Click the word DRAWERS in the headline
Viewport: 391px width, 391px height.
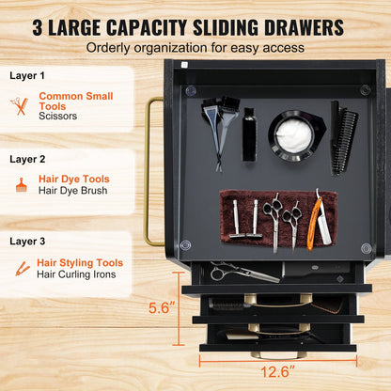(x=304, y=27)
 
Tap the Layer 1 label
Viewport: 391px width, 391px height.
(x=27, y=75)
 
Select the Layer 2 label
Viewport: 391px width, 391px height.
(x=27, y=159)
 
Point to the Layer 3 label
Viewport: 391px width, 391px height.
(x=27, y=242)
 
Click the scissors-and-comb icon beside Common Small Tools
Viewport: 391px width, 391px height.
(x=20, y=106)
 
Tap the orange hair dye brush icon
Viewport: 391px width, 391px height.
(x=22, y=185)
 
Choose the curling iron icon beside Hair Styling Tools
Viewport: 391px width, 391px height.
(x=23, y=269)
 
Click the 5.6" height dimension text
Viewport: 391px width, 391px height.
(x=162, y=307)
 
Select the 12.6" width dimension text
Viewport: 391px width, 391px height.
(x=277, y=372)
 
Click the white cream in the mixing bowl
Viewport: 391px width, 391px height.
(x=294, y=135)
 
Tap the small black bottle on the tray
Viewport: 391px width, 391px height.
(x=249, y=134)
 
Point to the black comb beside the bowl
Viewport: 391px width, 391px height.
(x=343, y=138)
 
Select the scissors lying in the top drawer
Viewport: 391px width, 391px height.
(x=244, y=272)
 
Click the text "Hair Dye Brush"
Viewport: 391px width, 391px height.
(x=72, y=191)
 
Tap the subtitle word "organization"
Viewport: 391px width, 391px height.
(x=170, y=48)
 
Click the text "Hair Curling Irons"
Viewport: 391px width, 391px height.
(x=76, y=274)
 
